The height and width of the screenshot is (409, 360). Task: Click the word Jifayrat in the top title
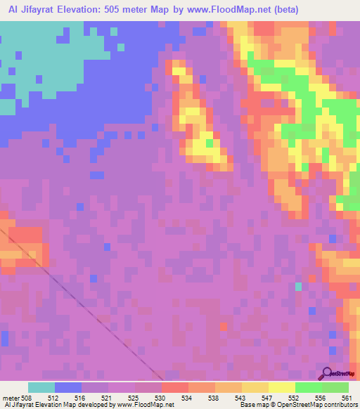coord(44,10)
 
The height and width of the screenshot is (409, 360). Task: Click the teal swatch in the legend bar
coord(41,387)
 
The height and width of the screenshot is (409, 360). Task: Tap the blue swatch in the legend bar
coord(68,387)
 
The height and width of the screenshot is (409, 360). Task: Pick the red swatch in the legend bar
coord(175,387)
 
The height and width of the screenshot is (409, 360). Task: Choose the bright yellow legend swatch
coord(281,387)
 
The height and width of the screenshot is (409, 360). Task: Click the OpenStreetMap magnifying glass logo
coord(326,372)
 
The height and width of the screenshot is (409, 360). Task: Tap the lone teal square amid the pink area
coord(298,286)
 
